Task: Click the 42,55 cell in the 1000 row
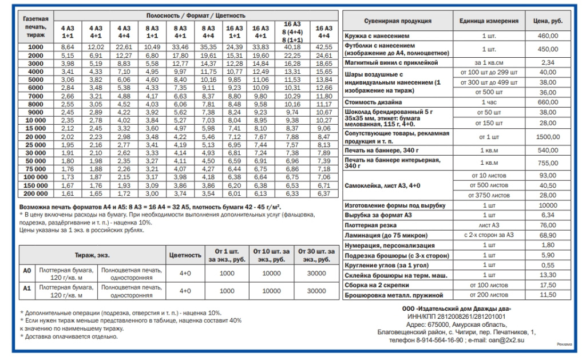click(x=324, y=46)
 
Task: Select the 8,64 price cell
click(x=68, y=46)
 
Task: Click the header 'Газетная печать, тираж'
click(x=35, y=26)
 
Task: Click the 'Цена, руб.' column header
click(x=548, y=21)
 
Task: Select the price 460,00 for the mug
click(x=548, y=35)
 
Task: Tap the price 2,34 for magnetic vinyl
click(x=548, y=62)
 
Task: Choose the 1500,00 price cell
click(x=548, y=137)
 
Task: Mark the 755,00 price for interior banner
click(x=548, y=162)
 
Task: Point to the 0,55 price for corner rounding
click(x=548, y=265)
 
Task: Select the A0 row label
click(x=26, y=272)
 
